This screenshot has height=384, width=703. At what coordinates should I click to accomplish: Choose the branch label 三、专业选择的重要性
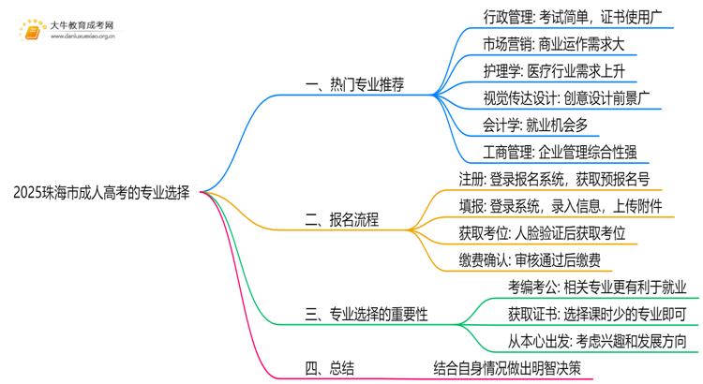coord(366,316)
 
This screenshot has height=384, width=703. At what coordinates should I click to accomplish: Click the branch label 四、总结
coord(329,368)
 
